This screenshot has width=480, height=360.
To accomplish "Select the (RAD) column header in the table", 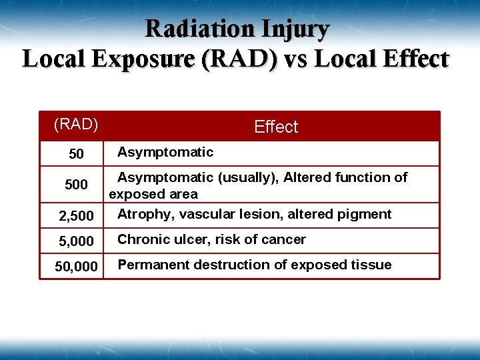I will click(76, 124).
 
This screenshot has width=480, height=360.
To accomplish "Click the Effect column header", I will click(276, 127).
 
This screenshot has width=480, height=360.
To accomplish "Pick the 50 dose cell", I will click(77, 154).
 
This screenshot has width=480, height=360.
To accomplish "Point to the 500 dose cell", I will click(77, 185).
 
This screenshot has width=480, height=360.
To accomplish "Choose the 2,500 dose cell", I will click(77, 216).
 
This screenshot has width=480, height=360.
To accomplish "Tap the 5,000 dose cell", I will click(77, 241).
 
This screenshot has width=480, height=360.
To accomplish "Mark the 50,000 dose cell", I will click(77, 267).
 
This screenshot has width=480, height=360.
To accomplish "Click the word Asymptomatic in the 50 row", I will click(165, 152).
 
